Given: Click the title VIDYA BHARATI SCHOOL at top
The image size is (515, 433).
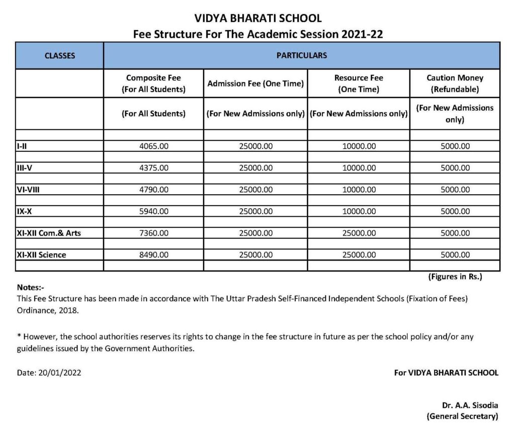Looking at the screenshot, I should [257, 19].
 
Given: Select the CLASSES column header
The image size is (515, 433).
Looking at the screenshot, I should [60, 55].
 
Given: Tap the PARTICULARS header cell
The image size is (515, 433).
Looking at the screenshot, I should [301, 55].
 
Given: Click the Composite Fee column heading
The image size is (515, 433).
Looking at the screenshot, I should [153, 83].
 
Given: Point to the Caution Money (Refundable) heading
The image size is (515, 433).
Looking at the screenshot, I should [455, 83].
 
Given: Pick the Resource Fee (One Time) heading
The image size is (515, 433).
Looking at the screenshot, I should [359, 83].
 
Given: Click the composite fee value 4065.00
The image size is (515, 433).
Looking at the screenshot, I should [153, 146].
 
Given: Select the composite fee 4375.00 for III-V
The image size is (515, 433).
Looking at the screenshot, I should [153, 168].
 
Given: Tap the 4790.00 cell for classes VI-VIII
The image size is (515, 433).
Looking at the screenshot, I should [153, 190].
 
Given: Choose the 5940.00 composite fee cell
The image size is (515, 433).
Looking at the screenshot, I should [153, 211].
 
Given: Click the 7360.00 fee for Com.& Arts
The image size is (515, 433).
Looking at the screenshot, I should [153, 233].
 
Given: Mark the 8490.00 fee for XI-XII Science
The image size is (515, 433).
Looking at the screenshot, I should [153, 255].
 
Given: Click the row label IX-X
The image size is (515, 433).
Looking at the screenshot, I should [24, 211].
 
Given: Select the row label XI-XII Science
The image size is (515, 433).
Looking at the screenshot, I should [41, 255].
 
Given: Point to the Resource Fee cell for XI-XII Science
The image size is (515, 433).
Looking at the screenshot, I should [359, 255].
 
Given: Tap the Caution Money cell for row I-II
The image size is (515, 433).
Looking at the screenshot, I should [455, 146].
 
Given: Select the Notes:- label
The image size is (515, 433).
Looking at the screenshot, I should [31, 288].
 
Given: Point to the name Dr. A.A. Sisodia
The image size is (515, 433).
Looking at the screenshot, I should [470, 405].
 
